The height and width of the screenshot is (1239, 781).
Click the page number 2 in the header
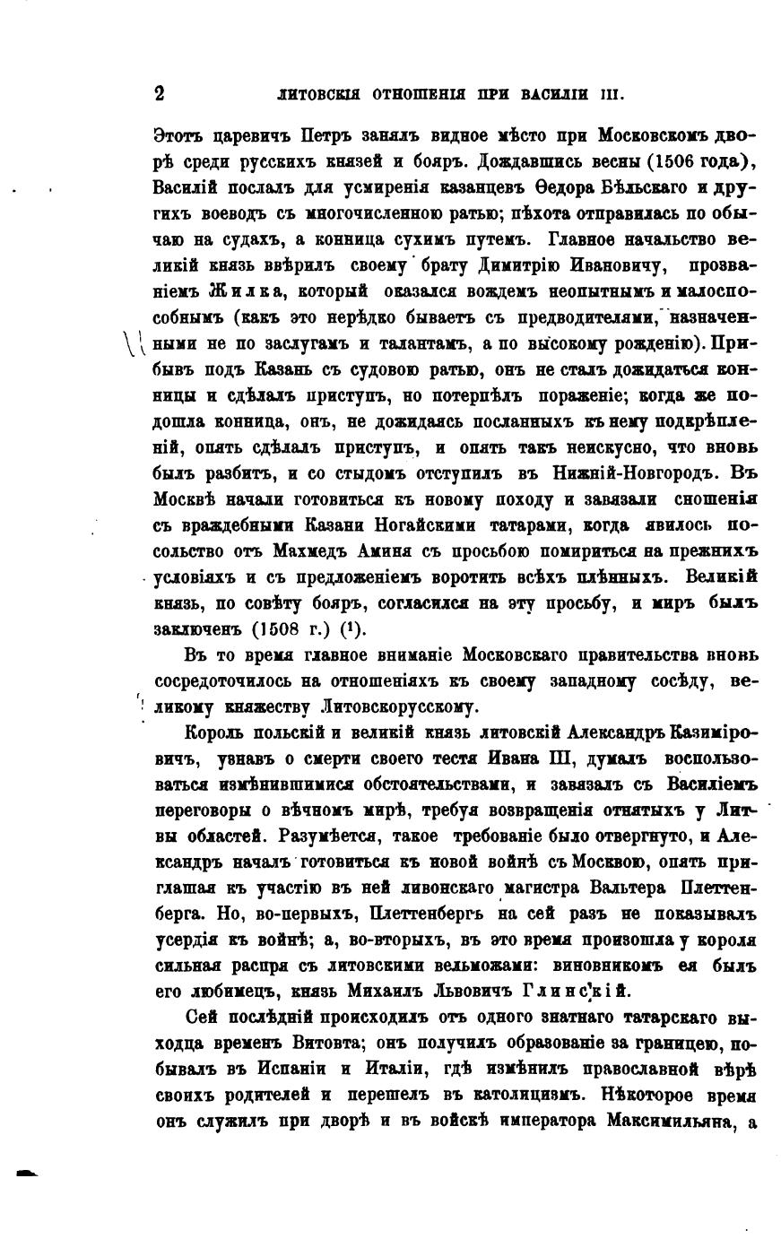click(x=160, y=93)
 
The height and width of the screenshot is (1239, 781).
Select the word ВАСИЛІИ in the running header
click(x=560, y=94)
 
